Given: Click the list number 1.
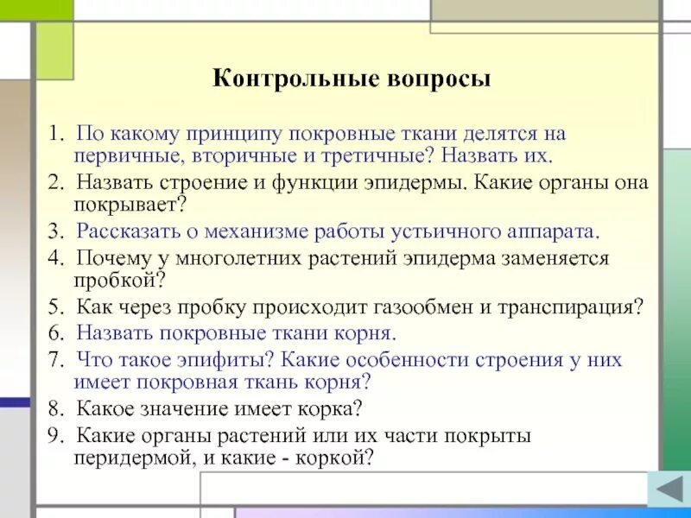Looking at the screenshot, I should tap(53, 135).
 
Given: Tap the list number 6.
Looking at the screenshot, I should tap(53, 333).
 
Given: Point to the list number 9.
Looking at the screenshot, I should tap(53, 435).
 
